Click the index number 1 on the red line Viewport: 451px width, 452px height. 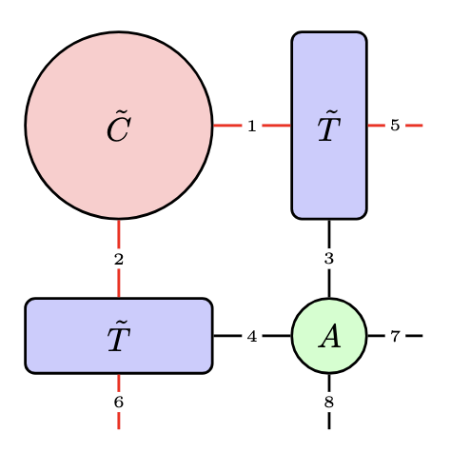[x=251, y=126]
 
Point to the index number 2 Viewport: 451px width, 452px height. [x=119, y=259]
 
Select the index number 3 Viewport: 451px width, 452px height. [x=329, y=259]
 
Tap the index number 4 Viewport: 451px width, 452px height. [x=251, y=336]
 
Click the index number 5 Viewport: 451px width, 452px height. [x=395, y=126]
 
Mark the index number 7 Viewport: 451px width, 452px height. [x=395, y=336]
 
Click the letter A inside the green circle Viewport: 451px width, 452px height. [x=329, y=337]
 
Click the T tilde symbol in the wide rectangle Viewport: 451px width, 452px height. [x=118, y=337]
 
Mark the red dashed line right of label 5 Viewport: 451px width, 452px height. [x=414, y=126]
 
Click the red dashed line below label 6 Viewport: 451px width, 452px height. [x=119, y=421]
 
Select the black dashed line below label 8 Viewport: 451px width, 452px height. [x=329, y=421]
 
